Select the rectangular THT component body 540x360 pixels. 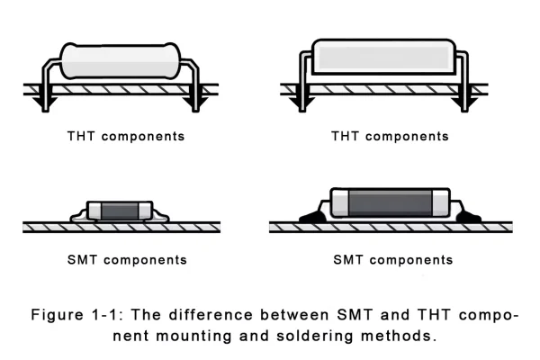(382, 58)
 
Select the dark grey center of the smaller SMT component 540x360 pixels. (118, 211)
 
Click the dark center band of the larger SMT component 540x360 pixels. (389, 203)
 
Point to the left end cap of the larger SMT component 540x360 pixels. (341, 203)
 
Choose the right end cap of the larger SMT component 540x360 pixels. (437, 203)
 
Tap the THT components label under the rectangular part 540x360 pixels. (389, 137)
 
